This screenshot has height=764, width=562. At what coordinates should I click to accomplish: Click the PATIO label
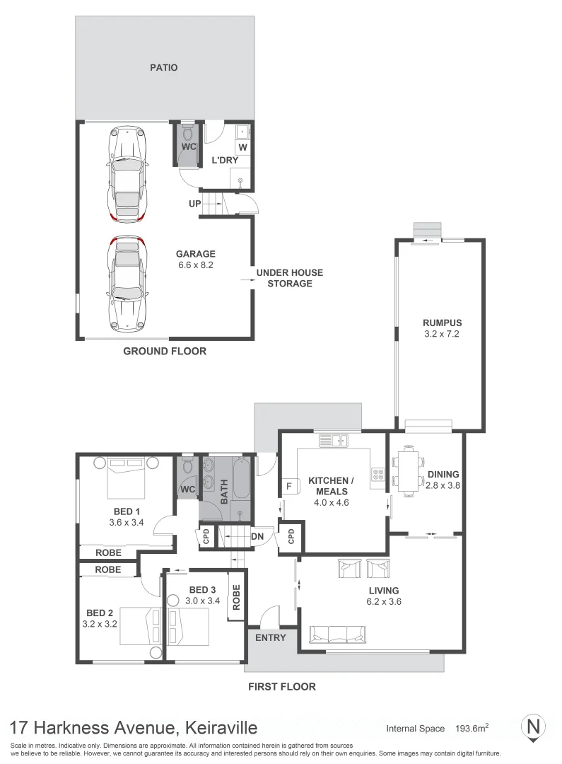(163, 68)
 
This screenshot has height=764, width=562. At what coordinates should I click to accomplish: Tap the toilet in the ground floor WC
(188, 132)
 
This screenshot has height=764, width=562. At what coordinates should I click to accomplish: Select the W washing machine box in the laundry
(242, 147)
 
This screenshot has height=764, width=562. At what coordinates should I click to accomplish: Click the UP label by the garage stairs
(195, 204)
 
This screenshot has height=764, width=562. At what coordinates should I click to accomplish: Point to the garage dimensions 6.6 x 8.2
(196, 265)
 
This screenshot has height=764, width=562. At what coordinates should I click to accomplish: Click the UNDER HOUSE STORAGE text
(290, 278)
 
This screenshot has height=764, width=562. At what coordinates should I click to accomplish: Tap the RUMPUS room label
(443, 323)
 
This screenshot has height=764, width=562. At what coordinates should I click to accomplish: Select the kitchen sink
(334, 441)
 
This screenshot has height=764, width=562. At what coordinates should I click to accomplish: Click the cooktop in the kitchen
(378, 474)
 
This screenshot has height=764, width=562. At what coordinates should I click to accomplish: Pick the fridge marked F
(289, 486)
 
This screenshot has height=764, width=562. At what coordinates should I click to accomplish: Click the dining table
(408, 470)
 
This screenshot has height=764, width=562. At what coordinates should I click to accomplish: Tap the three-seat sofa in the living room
(337, 634)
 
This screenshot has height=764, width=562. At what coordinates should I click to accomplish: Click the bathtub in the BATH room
(241, 478)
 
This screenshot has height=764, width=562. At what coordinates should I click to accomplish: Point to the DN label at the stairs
(257, 537)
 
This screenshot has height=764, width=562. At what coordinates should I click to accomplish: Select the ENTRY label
(270, 638)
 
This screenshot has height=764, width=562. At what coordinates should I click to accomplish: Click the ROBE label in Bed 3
(236, 597)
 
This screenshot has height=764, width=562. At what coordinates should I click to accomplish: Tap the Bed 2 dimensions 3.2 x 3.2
(100, 624)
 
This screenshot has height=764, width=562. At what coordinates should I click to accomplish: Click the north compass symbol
(533, 728)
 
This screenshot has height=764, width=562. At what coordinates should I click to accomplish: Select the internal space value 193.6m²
(472, 729)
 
